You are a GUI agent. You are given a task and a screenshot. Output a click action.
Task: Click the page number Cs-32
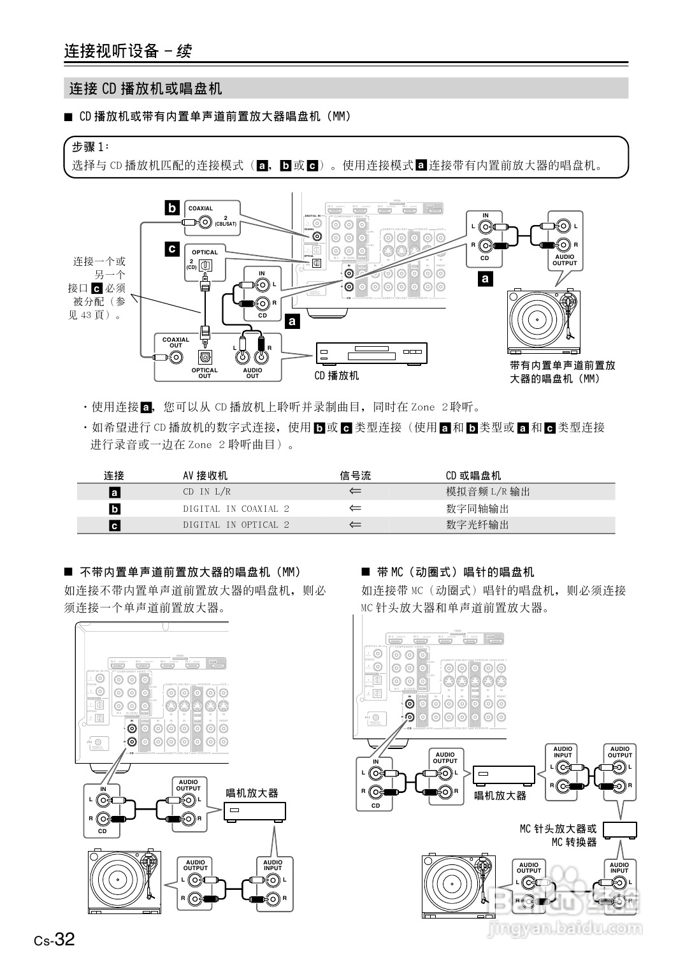point(55,940)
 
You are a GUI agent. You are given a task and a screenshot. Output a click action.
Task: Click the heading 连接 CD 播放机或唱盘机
point(145,89)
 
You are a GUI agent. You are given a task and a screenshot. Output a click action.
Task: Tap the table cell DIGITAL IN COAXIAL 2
point(236,509)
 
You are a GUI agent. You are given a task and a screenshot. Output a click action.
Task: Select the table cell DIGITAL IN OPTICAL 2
point(236,525)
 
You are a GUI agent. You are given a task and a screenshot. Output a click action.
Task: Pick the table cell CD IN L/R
point(206,491)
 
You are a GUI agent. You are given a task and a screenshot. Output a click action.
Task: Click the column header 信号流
point(355,476)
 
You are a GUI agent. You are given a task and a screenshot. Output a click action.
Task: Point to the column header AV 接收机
point(205,476)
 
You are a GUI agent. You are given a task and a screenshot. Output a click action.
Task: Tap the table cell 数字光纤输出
point(477,525)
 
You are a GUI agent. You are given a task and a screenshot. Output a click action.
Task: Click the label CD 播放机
point(336,375)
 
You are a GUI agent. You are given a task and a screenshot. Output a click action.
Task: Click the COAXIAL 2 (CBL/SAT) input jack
point(205,222)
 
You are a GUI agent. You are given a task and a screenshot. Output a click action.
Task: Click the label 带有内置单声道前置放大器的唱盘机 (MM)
point(562,372)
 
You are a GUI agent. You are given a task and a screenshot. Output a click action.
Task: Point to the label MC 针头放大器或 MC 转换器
point(558,835)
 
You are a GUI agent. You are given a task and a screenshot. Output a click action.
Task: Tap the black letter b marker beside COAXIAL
point(172,208)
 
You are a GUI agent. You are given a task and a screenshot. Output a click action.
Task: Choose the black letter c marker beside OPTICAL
point(172,249)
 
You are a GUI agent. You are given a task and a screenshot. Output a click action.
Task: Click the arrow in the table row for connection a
point(355,491)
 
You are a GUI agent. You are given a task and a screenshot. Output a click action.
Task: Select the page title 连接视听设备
point(112,51)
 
